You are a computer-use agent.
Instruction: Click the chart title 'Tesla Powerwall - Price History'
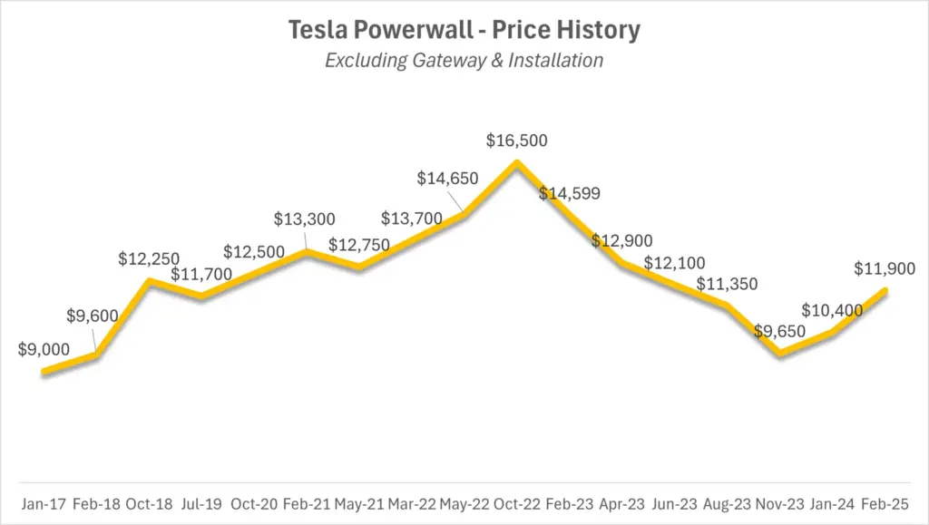tap(464, 30)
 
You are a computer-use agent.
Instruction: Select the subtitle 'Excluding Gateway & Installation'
tap(464, 61)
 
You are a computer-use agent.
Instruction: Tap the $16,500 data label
tap(516, 141)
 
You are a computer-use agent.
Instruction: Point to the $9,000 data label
tap(44, 349)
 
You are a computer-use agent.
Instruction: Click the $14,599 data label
tap(569, 193)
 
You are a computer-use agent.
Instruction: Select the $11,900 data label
tap(884, 269)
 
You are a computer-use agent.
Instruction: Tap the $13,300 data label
tap(305, 219)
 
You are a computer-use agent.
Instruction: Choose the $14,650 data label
tap(447, 179)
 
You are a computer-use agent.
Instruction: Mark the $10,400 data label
tap(832, 311)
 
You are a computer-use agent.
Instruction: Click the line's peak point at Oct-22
tap(516, 163)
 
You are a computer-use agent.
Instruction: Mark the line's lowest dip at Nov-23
tap(779, 354)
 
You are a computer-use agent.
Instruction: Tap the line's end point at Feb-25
tap(885, 290)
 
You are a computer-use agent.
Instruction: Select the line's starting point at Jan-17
tap(44, 371)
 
